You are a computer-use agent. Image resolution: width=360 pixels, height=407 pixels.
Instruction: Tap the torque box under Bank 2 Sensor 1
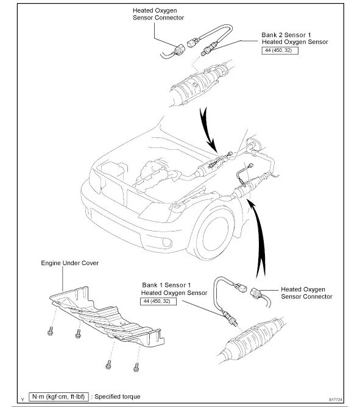[x=280, y=51]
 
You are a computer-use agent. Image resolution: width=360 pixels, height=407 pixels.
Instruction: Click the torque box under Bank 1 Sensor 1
[x=158, y=301]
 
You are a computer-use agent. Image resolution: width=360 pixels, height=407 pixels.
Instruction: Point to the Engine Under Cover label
[x=70, y=263]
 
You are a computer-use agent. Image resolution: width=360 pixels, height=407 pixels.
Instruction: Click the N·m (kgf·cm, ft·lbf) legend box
[x=58, y=397]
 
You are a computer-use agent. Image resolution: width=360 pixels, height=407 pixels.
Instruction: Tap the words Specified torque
[x=118, y=397]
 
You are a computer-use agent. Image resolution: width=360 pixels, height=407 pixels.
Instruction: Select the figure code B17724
[x=336, y=400]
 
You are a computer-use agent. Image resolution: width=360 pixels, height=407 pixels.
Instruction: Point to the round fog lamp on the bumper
[x=167, y=242]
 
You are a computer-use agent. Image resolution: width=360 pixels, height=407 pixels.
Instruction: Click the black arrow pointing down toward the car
[x=208, y=130]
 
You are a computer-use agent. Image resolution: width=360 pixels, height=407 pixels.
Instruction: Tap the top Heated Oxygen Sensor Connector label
[x=158, y=14]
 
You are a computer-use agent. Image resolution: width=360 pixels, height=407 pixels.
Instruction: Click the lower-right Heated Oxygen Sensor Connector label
[x=306, y=293]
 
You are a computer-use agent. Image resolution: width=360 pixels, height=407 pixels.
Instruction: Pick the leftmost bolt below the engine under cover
[x=51, y=331]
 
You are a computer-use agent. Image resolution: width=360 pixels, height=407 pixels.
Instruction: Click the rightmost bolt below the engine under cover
[x=136, y=367]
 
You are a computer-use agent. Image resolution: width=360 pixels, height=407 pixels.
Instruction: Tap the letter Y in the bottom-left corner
[x=23, y=400]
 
